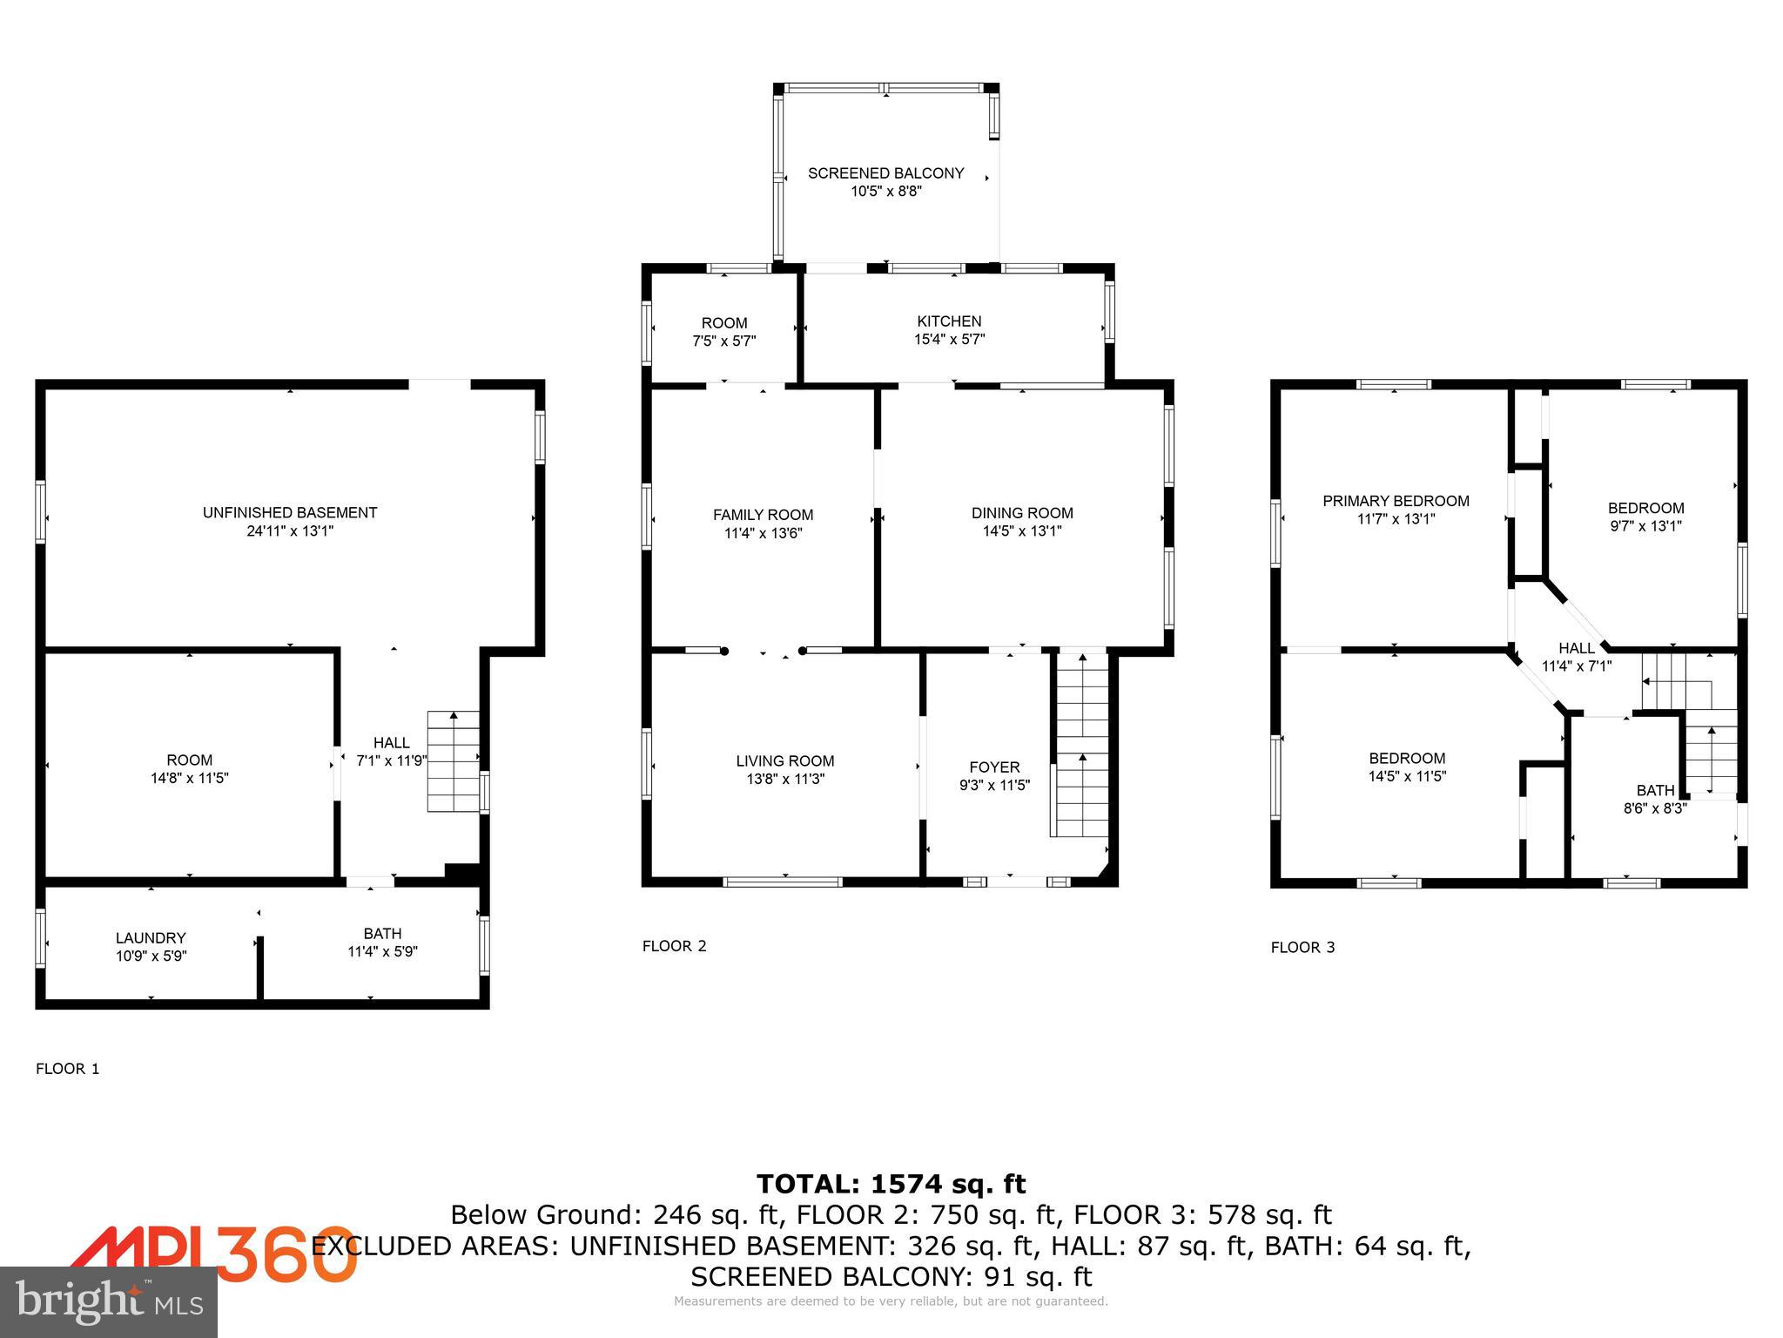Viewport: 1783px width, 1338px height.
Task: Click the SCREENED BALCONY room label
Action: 885,173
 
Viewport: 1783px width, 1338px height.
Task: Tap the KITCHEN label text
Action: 948,321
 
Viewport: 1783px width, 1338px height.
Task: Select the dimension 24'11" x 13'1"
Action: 290,530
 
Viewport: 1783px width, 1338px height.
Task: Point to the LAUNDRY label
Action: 151,938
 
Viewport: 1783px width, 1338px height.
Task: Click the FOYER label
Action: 993,767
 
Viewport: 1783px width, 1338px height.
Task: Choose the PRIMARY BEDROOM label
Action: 1395,501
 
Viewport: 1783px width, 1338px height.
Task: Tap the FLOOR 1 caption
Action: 67,1069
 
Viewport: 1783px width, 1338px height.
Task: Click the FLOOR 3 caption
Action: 1302,947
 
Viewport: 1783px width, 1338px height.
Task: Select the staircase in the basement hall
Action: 453,762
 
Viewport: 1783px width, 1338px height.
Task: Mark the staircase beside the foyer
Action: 1081,745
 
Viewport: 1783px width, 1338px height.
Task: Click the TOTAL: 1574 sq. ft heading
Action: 891,1184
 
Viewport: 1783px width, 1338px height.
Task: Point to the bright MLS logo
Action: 108,1301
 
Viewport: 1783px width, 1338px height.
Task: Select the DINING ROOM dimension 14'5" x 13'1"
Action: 1022,530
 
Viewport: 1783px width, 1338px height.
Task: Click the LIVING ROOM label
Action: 784,760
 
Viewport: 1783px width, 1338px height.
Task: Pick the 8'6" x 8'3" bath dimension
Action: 1654,808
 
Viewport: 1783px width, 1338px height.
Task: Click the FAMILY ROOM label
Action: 763,515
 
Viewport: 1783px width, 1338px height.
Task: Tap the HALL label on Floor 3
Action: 1576,648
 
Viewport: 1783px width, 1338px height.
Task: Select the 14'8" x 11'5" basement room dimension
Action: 189,778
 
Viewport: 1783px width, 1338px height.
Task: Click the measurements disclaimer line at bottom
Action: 891,1301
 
